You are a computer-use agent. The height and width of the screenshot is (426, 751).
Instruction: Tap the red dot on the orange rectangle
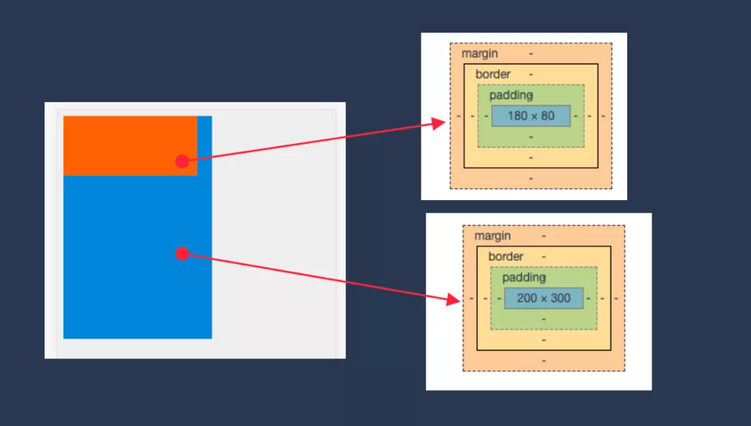[x=182, y=161]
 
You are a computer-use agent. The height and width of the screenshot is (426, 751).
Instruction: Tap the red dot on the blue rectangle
[x=182, y=254]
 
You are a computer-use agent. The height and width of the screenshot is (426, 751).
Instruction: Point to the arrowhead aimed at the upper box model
[x=439, y=124]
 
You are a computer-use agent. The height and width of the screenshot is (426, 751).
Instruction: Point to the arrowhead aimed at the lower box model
[x=453, y=300]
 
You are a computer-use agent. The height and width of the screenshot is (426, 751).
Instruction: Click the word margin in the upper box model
[x=479, y=54]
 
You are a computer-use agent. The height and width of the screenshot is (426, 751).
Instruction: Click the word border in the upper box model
[x=492, y=74]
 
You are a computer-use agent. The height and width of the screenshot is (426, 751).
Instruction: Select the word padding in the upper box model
[x=510, y=95]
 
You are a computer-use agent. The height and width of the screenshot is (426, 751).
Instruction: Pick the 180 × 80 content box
[x=531, y=115]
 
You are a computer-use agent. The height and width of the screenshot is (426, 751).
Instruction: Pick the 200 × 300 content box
[x=543, y=298]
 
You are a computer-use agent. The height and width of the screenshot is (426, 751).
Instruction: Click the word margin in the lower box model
[x=492, y=236]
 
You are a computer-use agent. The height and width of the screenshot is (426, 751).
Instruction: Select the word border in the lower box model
[x=506, y=256]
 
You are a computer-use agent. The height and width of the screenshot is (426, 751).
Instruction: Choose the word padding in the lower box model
[x=524, y=277]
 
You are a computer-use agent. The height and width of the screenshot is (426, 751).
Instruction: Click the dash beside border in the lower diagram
[x=544, y=256]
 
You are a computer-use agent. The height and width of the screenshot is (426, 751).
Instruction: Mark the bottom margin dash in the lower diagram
[x=544, y=361]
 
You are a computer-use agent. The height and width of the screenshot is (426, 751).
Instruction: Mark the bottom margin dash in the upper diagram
[x=531, y=179]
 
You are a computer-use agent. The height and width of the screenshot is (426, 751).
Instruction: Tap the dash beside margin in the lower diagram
[x=544, y=236]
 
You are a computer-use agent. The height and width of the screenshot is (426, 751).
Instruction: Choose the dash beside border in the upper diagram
[x=531, y=74]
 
